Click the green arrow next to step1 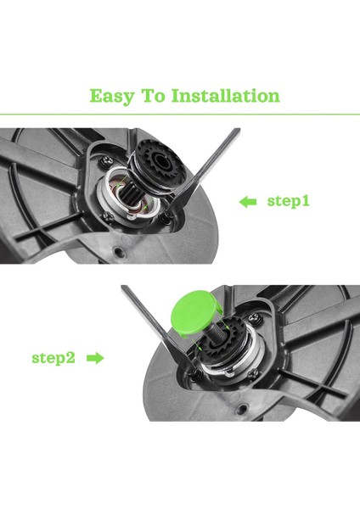coord(248,202)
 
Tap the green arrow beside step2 coord(95,358)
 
